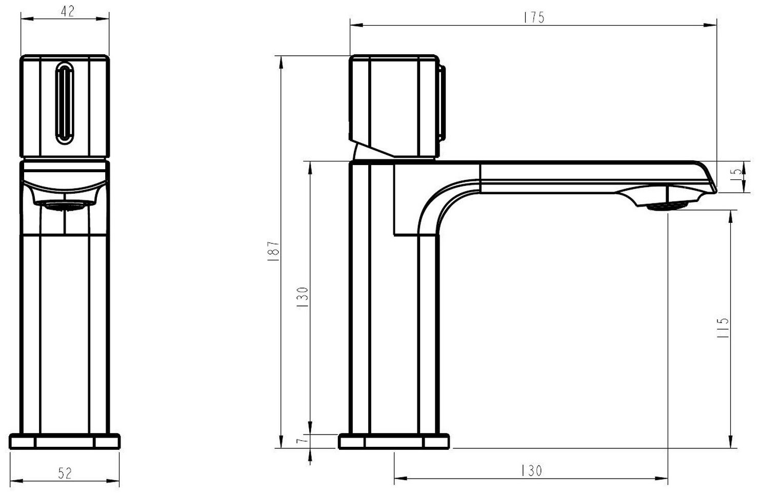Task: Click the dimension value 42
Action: click(67, 11)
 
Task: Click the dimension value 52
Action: click(65, 473)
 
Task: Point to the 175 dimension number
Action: click(534, 17)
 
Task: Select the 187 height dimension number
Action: click(273, 251)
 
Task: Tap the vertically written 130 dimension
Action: click(302, 297)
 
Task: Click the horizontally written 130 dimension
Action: click(531, 470)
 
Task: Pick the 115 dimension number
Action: click(722, 328)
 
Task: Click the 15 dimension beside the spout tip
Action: click(737, 176)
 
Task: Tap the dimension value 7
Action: click(302, 441)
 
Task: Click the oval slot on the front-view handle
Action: click(64, 102)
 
